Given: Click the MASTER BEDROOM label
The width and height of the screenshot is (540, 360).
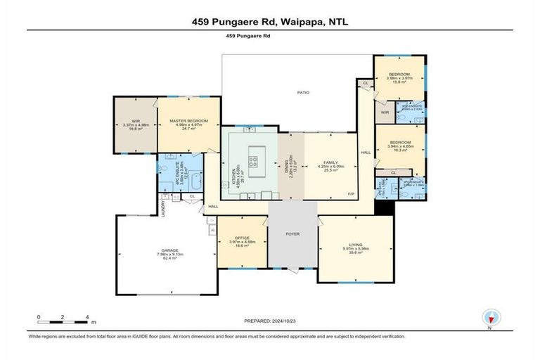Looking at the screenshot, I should (188, 121).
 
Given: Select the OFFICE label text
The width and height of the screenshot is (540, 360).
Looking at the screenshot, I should (241, 238).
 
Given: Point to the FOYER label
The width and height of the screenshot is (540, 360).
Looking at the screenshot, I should (293, 235).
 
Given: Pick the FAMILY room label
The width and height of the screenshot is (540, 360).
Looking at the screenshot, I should (330, 162).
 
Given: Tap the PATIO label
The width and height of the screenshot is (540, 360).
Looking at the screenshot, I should (303, 92).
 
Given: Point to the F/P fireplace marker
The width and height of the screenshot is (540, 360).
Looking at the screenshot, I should (352, 194).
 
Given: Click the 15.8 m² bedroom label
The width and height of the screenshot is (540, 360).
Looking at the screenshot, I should (400, 73).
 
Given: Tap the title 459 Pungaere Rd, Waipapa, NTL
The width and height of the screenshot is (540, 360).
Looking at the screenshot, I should (270, 22).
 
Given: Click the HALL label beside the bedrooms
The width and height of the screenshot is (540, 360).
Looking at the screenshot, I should (365, 152).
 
